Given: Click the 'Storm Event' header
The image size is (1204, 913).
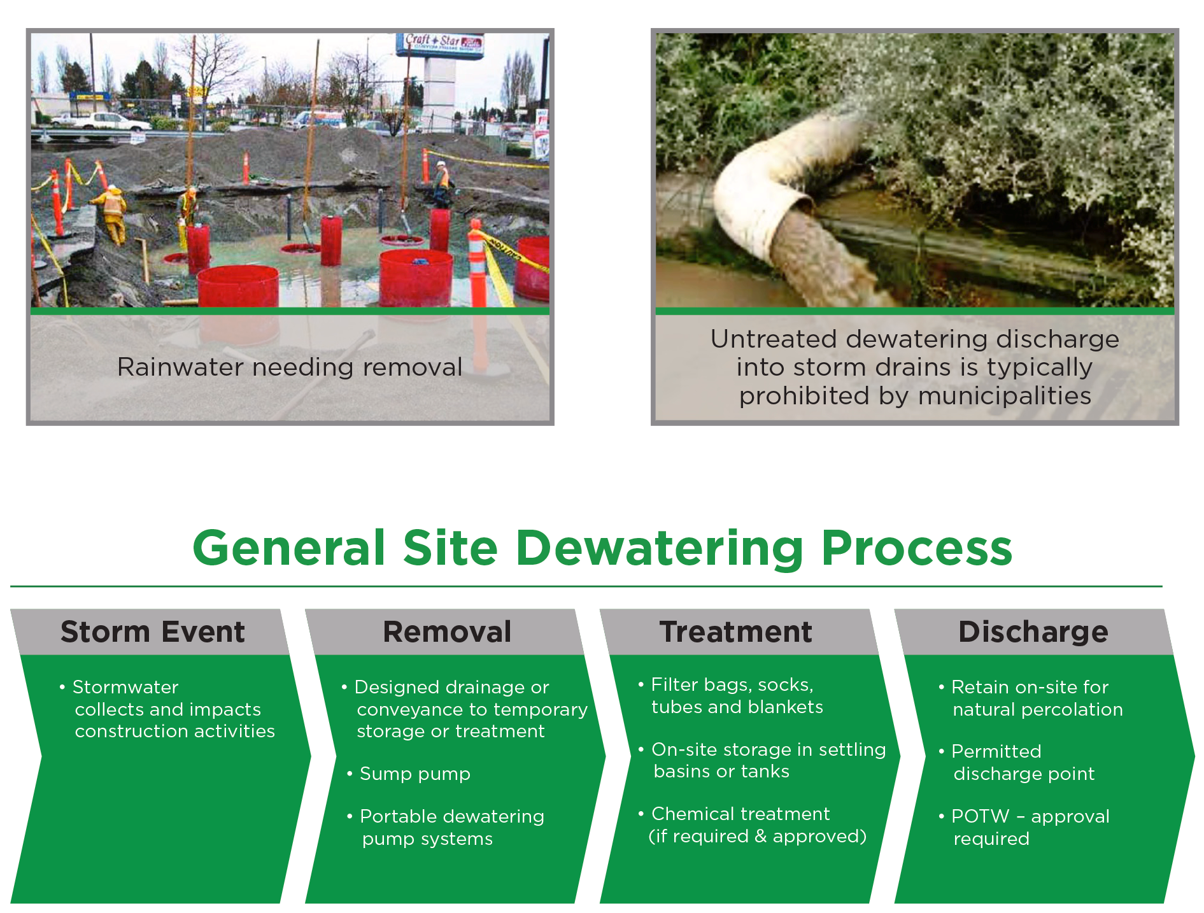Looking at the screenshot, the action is coord(153,632).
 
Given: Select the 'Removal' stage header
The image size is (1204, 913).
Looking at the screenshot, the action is coord(447,632).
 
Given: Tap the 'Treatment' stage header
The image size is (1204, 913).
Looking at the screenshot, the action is coord(736,632).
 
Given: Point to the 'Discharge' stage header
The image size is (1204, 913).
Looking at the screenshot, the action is coord(1033,632).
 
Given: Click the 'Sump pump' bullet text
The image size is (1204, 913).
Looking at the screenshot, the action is coord(414,774).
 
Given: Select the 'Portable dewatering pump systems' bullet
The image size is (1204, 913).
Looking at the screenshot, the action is coord(446,827).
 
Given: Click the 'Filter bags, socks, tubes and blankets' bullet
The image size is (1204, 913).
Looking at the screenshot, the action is coord(731,695).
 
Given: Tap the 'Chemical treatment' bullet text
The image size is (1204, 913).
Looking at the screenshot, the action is coord(740,814).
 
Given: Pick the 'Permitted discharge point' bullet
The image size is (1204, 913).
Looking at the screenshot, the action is coord(1017,762).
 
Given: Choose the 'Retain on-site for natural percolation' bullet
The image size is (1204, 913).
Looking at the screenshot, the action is coord(1031,698).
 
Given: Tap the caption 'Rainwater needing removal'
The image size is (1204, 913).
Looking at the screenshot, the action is coord(290,367).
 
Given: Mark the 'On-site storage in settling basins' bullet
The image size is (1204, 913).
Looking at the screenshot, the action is coord(762,760).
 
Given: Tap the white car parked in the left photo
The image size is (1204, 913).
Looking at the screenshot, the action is coord(102,121).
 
